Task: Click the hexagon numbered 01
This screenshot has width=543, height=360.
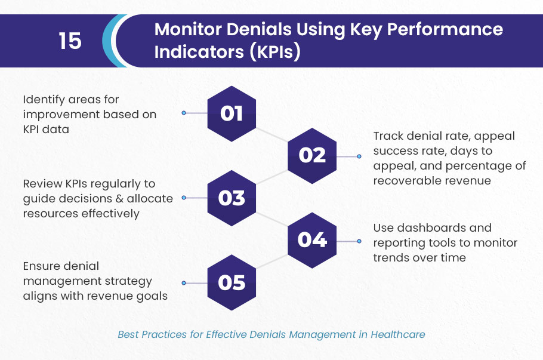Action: pos(232,113)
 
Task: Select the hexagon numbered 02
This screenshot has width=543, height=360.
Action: pos(312,156)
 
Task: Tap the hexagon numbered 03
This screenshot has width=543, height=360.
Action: pos(232,198)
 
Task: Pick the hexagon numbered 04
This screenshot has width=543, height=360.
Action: pos(312,241)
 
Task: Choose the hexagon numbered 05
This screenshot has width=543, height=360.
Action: pos(232,283)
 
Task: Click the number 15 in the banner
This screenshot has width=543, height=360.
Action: pos(70,41)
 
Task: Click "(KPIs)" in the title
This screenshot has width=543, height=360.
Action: pos(275,52)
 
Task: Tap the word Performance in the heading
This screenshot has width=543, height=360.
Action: pos(445,29)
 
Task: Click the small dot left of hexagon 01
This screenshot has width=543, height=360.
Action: pos(184,113)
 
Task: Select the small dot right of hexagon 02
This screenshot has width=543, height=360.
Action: pos(359,156)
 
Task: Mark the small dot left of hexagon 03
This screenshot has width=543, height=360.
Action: pos(184,198)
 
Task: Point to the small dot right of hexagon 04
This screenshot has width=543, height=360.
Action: pos(359,241)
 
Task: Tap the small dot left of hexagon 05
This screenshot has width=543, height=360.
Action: pos(184,283)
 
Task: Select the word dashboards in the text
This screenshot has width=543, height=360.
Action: pos(431,228)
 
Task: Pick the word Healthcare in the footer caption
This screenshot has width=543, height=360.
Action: pos(398,335)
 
